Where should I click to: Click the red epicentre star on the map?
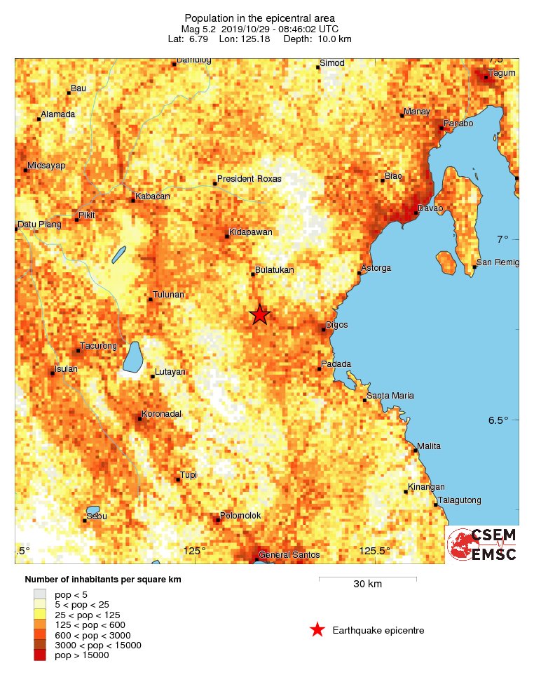pyautogui.click(x=260, y=314)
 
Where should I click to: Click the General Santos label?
pyautogui.click(x=289, y=555)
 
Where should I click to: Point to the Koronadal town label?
pyautogui.click(x=162, y=414)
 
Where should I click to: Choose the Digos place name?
pyautogui.click(x=337, y=325)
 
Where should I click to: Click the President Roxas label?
pyautogui.click(x=249, y=179)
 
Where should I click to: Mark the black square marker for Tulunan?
pyautogui.click(x=150, y=300)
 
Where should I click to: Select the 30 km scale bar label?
pyautogui.click(x=367, y=584)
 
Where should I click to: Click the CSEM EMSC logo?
pyautogui.click(x=482, y=544)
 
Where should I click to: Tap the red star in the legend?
pyautogui.click(x=317, y=630)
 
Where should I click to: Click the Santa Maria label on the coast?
pyautogui.click(x=390, y=396)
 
